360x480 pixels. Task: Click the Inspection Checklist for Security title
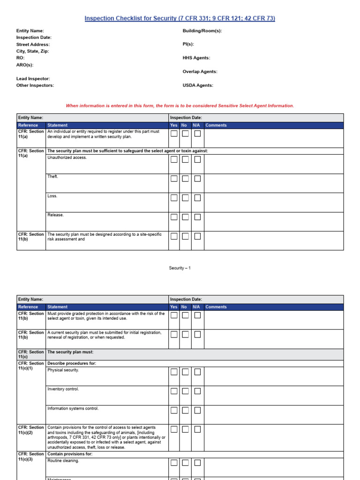point(180,18)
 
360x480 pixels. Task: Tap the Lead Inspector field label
point(33,79)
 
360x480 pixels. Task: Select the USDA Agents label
point(198,85)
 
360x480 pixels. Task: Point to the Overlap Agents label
point(200,72)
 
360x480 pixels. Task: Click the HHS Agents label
point(196,58)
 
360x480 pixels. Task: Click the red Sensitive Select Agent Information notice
point(180,105)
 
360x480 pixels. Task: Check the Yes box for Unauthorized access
point(174,159)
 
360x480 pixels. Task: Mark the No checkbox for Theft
point(186,179)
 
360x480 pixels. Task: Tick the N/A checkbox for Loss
point(197,198)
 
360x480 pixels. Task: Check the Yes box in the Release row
point(174,217)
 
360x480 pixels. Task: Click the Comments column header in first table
point(216,125)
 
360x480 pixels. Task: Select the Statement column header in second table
point(57,307)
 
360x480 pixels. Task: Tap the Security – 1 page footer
point(180,268)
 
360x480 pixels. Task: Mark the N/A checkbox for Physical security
point(197,372)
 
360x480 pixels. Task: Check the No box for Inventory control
point(186,391)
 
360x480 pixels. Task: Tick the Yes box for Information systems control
point(174,410)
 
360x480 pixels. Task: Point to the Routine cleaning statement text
point(63,461)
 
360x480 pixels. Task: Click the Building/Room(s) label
point(202,30)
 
